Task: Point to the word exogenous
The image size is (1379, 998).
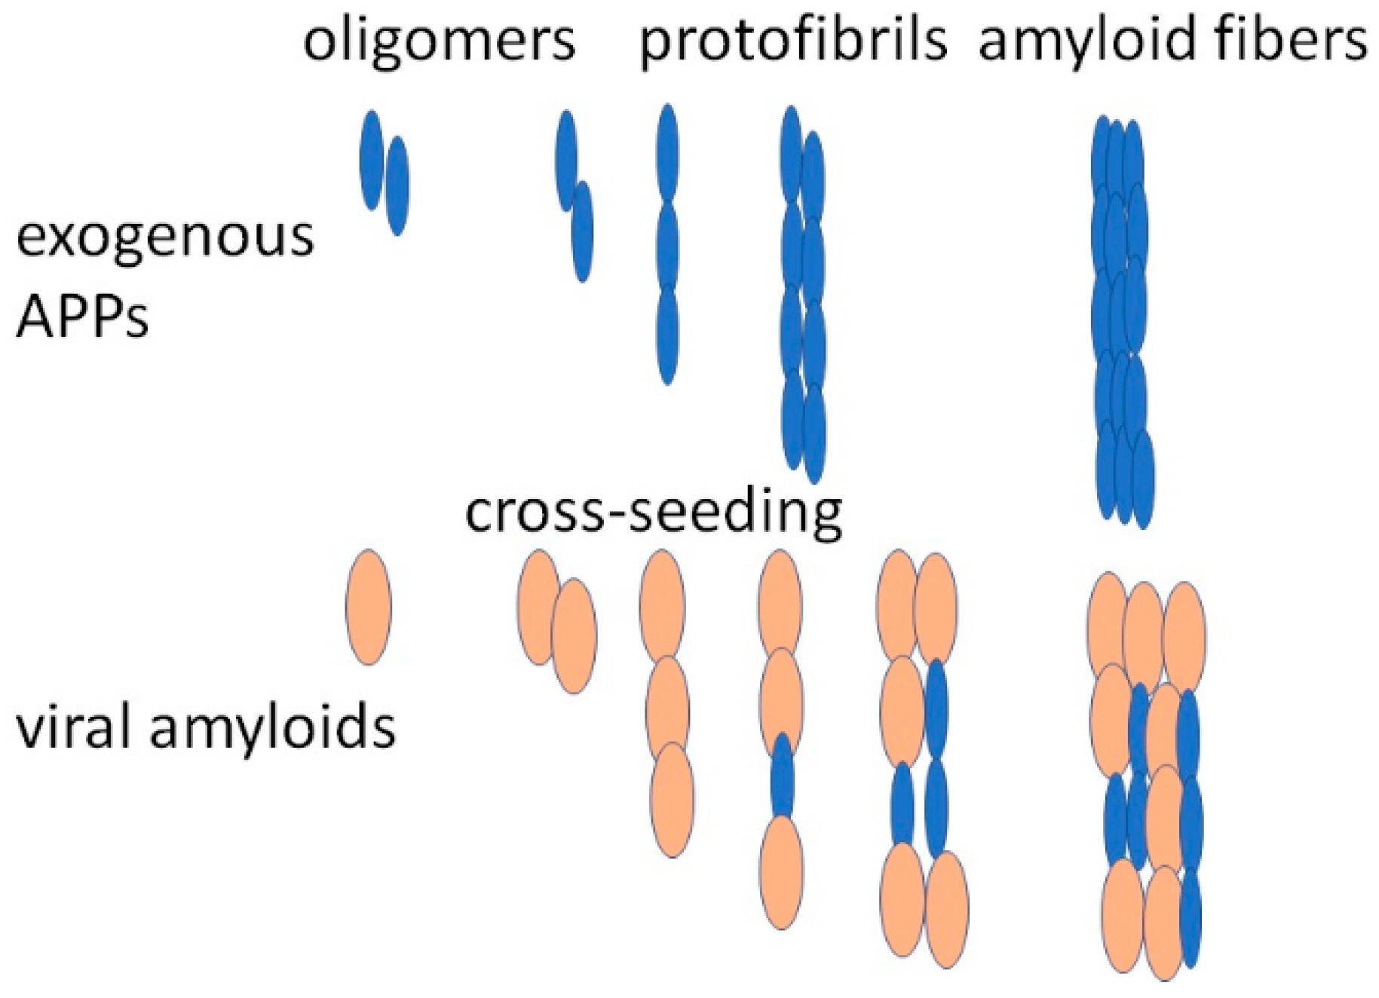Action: point(164,237)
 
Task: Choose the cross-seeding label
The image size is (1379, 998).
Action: point(653,512)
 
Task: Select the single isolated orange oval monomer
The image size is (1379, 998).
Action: point(368,607)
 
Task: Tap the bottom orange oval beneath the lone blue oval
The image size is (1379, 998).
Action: point(781,872)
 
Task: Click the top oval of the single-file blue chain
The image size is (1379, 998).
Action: point(667,153)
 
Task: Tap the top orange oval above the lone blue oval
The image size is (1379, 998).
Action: point(780,602)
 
